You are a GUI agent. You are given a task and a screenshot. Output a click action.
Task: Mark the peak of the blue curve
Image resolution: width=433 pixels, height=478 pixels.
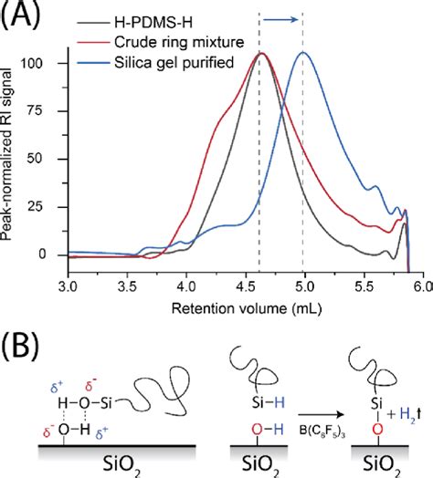(x=303, y=52)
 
